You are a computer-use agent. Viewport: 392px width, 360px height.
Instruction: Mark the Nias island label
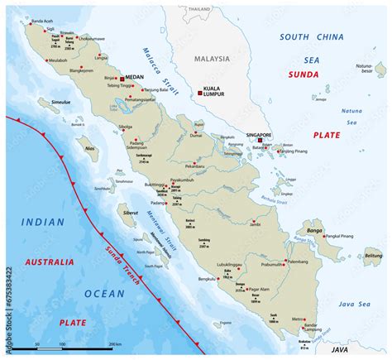coord(92,150)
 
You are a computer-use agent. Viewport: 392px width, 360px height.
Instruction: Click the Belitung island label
coord(373,257)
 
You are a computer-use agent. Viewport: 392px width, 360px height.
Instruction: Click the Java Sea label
coord(358,304)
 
